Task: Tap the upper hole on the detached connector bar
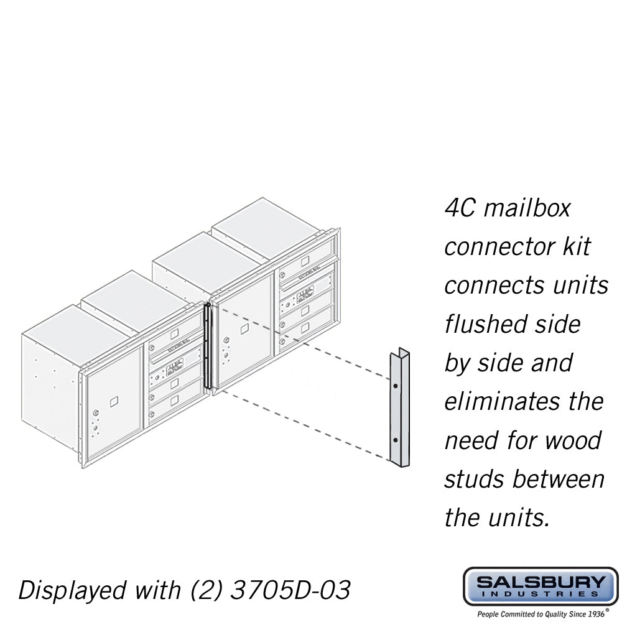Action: click(396, 386)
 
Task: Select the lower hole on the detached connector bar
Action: click(396, 440)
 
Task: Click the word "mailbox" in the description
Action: click(527, 208)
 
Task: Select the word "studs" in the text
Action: click(474, 479)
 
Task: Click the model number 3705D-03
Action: click(290, 590)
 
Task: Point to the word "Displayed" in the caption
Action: click(71, 590)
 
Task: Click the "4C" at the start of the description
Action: click(460, 208)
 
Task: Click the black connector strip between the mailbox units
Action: click(208, 345)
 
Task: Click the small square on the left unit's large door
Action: click(113, 401)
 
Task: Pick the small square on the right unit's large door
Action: click(244, 328)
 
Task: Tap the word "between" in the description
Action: click(559, 479)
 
